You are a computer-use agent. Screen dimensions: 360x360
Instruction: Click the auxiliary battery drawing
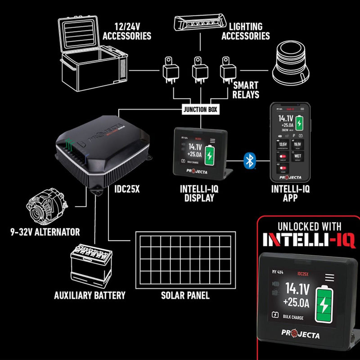tap(90, 266)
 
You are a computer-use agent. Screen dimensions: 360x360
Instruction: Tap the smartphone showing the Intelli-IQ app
tap(290, 141)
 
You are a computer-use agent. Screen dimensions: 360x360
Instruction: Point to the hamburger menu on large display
tap(330, 277)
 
